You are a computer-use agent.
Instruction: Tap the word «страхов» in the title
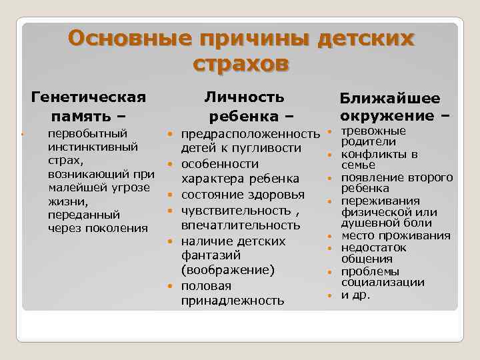241,64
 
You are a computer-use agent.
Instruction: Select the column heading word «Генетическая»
89,98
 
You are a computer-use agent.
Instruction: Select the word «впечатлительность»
241,225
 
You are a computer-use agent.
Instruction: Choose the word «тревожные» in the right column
373,130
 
